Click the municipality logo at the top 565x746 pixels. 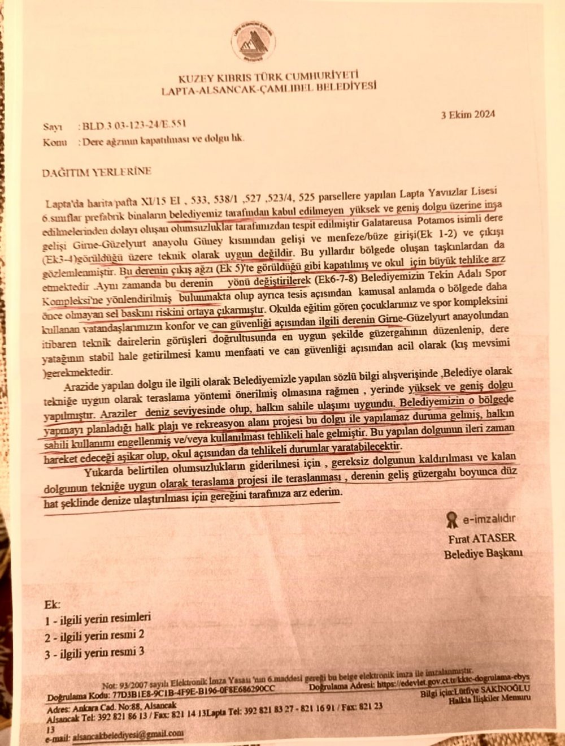[253, 43]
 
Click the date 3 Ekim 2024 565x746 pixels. [468, 114]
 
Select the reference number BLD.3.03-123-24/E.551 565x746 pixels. [134, 126]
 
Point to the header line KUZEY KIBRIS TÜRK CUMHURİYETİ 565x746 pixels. [268, 75]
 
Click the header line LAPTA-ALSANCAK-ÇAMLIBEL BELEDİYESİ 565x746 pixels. [268, 87]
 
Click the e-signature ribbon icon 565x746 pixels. [451, 519]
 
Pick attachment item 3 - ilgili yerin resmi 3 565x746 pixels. [94, 652]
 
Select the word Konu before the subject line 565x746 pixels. [55, 142]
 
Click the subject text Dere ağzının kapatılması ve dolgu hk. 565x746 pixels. [163, 140]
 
